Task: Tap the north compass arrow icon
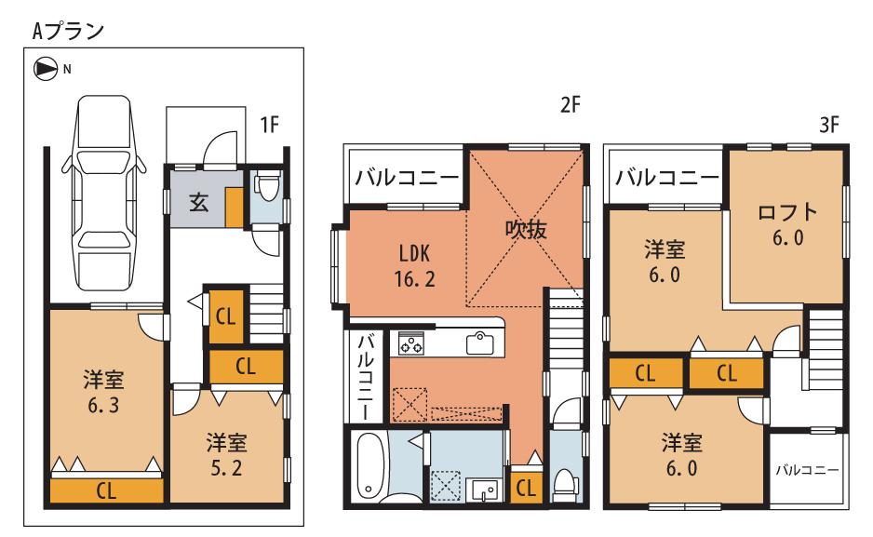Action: coord(43,67)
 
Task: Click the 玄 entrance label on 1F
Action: coord(199,203)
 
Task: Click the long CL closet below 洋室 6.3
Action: coord(107,490)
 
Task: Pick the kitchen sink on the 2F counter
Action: coord(479,342)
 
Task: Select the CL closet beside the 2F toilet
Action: coord(524,487)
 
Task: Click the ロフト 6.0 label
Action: coord(787,223)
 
